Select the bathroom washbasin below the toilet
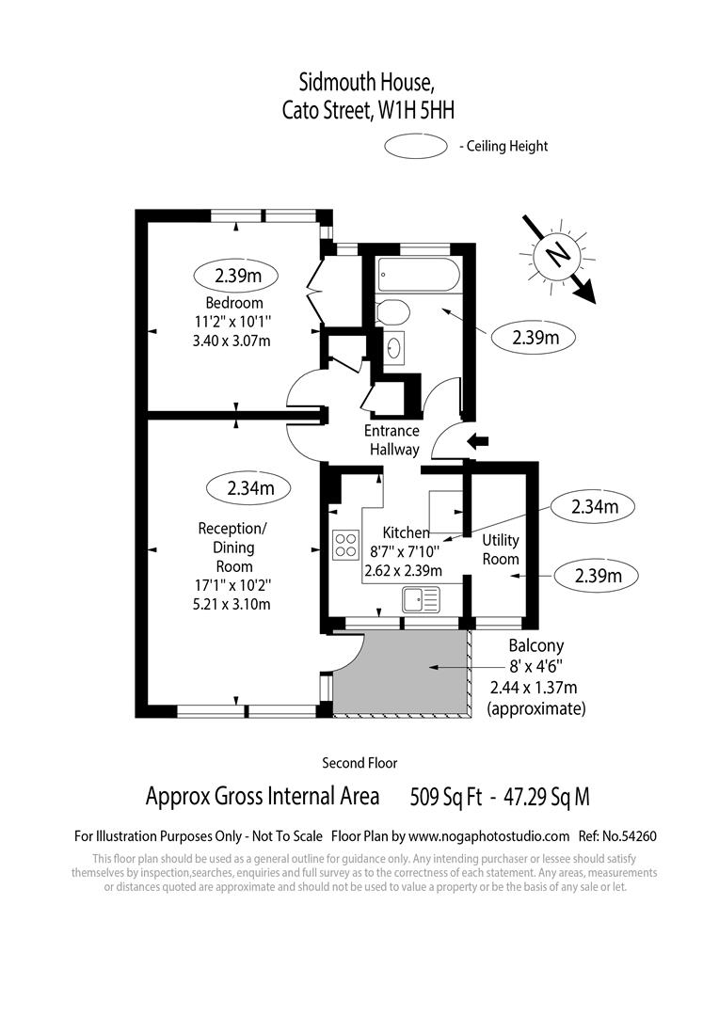pos(395,347)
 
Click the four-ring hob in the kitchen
pos(345,544)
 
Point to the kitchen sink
pos(420,597)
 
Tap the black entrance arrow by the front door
pos(480,440)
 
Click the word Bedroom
pos(234,303)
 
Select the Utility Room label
pos(501,549)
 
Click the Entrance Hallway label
pos(392,440)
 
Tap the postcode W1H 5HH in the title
pos(416,111)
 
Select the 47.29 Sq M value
pos(547,798)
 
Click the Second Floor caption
pos(359,763)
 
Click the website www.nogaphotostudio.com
pos(489,835)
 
